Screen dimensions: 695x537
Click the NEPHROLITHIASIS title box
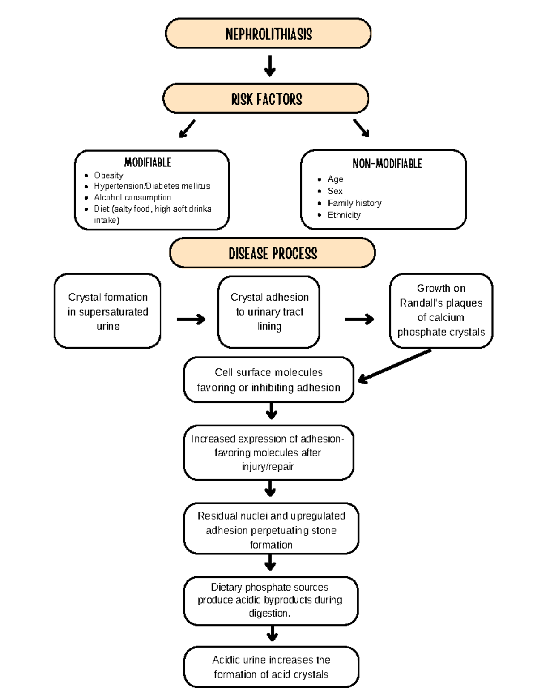tap(268, 34)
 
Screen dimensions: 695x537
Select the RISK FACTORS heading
tap(266, 99)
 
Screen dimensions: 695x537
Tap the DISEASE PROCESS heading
tap(273, 253)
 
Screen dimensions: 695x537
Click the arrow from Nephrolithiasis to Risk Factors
tap(269, 66)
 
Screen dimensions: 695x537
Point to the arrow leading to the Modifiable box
tap(187, 128)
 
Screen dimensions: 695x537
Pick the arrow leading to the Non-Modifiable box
tap(361, 128)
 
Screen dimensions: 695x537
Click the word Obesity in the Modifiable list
tap(108, 175)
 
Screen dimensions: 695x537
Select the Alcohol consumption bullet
tap(132, 197)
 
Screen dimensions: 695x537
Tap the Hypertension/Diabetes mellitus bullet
tap(152, 186)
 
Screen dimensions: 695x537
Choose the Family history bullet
tap(354, 203)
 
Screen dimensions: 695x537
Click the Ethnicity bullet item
tap(344, 215)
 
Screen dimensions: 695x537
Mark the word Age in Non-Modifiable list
tap(335, 179)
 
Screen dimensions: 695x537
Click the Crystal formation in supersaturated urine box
tap(107, 311)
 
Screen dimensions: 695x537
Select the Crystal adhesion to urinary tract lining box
tap(269, 312)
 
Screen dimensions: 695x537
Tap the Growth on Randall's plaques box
tap(441, 311)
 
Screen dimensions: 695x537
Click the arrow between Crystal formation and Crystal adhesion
tap(191, 319)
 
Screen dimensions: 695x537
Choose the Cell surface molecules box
tap(268, 380)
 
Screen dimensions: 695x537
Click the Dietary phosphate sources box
tap(270, 601)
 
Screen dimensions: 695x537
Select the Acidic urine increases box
tap(271, 667)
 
